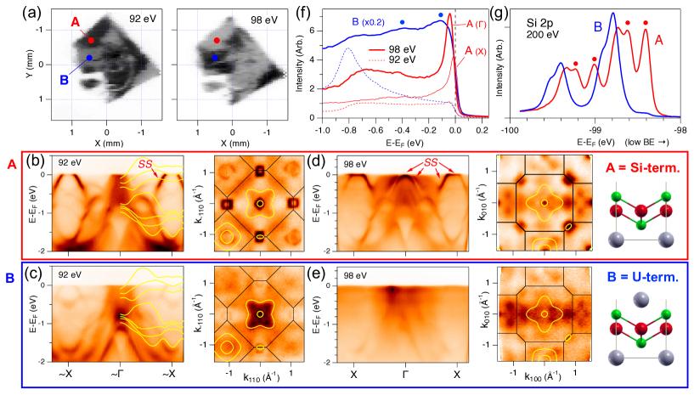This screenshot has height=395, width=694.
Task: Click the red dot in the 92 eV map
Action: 90,40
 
